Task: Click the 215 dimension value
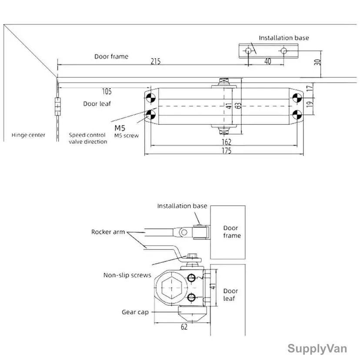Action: click(x=155, y=61)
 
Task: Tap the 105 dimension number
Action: click(x=107, y=91)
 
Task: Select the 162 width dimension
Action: click(x=226, y=142)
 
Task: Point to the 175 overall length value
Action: click(x=226, y=150)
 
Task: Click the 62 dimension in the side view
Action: click(x=184, y=327)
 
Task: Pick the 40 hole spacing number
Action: click(x=268, y=61)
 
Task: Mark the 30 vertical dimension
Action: click(x=317, y=62)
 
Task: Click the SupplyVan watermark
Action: click(x=317, y=349)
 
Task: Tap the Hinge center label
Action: click(x=28, y=135)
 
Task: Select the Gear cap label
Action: click(x=135, y=312)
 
